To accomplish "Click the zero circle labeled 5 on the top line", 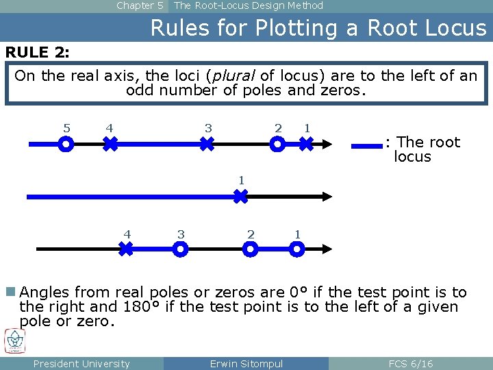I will point(66,145).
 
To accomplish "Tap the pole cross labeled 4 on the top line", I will point(110,145).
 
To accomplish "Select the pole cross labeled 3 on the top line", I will point(207,145).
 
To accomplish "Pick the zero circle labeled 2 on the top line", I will point(278,145).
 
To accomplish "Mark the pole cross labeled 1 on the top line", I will point(306,145).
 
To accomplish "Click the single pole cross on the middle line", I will point(240,197).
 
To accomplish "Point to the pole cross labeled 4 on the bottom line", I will point(126,249).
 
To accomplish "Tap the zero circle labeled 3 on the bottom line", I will point(179,249).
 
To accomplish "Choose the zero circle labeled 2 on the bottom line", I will point(251,249).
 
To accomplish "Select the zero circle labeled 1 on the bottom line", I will point(296,249).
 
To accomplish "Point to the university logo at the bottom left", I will point(15,341).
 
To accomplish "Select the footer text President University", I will point(81,364).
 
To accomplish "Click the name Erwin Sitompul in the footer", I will point(246,364).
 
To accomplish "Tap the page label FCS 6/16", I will point(410,364).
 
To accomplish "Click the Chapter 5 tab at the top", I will point(140,5).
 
